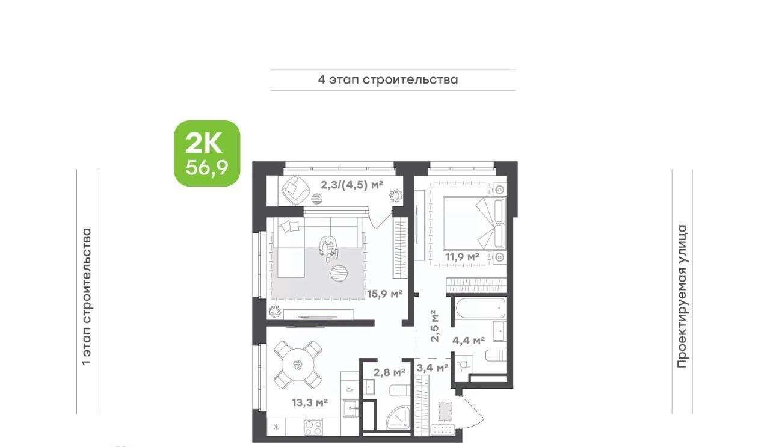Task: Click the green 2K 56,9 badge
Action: coord(207,153)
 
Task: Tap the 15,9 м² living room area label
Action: coord(384,294)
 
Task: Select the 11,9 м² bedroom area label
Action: coord(463,256)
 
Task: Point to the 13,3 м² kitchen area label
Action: coord(310,402)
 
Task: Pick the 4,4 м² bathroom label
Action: coord(469,341)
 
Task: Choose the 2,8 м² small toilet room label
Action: coord(389,372)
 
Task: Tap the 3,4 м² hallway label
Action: coord(432,368)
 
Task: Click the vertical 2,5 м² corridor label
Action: coord(435,326)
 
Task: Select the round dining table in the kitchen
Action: coord(298,365)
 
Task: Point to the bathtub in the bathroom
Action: coord(480,309)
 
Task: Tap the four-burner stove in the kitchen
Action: coord(313,427)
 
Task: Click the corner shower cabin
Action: coord(398,417)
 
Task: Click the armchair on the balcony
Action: coord(295,190)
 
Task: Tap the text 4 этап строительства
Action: coord(388,80)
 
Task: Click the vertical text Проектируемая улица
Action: coord(682,297)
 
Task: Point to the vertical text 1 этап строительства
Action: coord(87,297)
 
